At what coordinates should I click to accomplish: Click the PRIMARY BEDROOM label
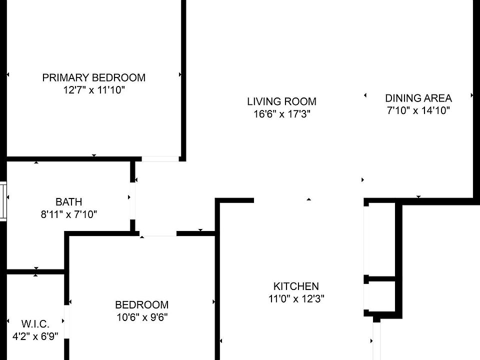pyautogui.click(x=93, y=77)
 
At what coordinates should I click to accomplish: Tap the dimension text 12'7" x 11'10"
pyautogui.click(x=93, y=90)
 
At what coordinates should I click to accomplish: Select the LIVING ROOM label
pyautogui.click(x=281, y=101)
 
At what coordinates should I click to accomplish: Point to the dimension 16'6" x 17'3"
pyautogui.click(x=281, y=114)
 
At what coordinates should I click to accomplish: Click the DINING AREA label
pyautogui.click(x=418, y=98)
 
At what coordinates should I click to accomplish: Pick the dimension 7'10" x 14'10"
pyautogui.click(x=418, y=110)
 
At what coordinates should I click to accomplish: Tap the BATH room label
pyautogui.click(x=68, y=202)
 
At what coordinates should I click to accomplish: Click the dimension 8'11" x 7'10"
pyautogui.click(x=68, y=214)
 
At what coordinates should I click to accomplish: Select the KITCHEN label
pyautogui.click(x=295, y=286)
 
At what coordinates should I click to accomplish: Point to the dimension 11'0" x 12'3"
pyautogui.click(x=295, y=299)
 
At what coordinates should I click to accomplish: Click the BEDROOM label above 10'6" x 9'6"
pyautogui.click(x=141, y=304)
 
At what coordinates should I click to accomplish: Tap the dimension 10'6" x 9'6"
pyautogui.click(x=141, y=317)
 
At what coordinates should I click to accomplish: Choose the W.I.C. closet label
pyautogui.click(x=35, y=323)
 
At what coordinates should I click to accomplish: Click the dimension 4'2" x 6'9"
pyautogui.click(x=35, y=336)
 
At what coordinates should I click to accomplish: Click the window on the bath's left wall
pyautogui.click(x=3, y=201)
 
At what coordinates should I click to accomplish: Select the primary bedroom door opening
pyautogui.click(x=159, y=159)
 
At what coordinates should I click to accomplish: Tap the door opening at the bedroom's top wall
pyautogui.click(x=158, y=234)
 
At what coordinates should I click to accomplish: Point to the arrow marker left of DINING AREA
pyautogui.click(x=365, y=95)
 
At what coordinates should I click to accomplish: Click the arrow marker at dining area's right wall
pyautogui.click(x=471, y=95)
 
